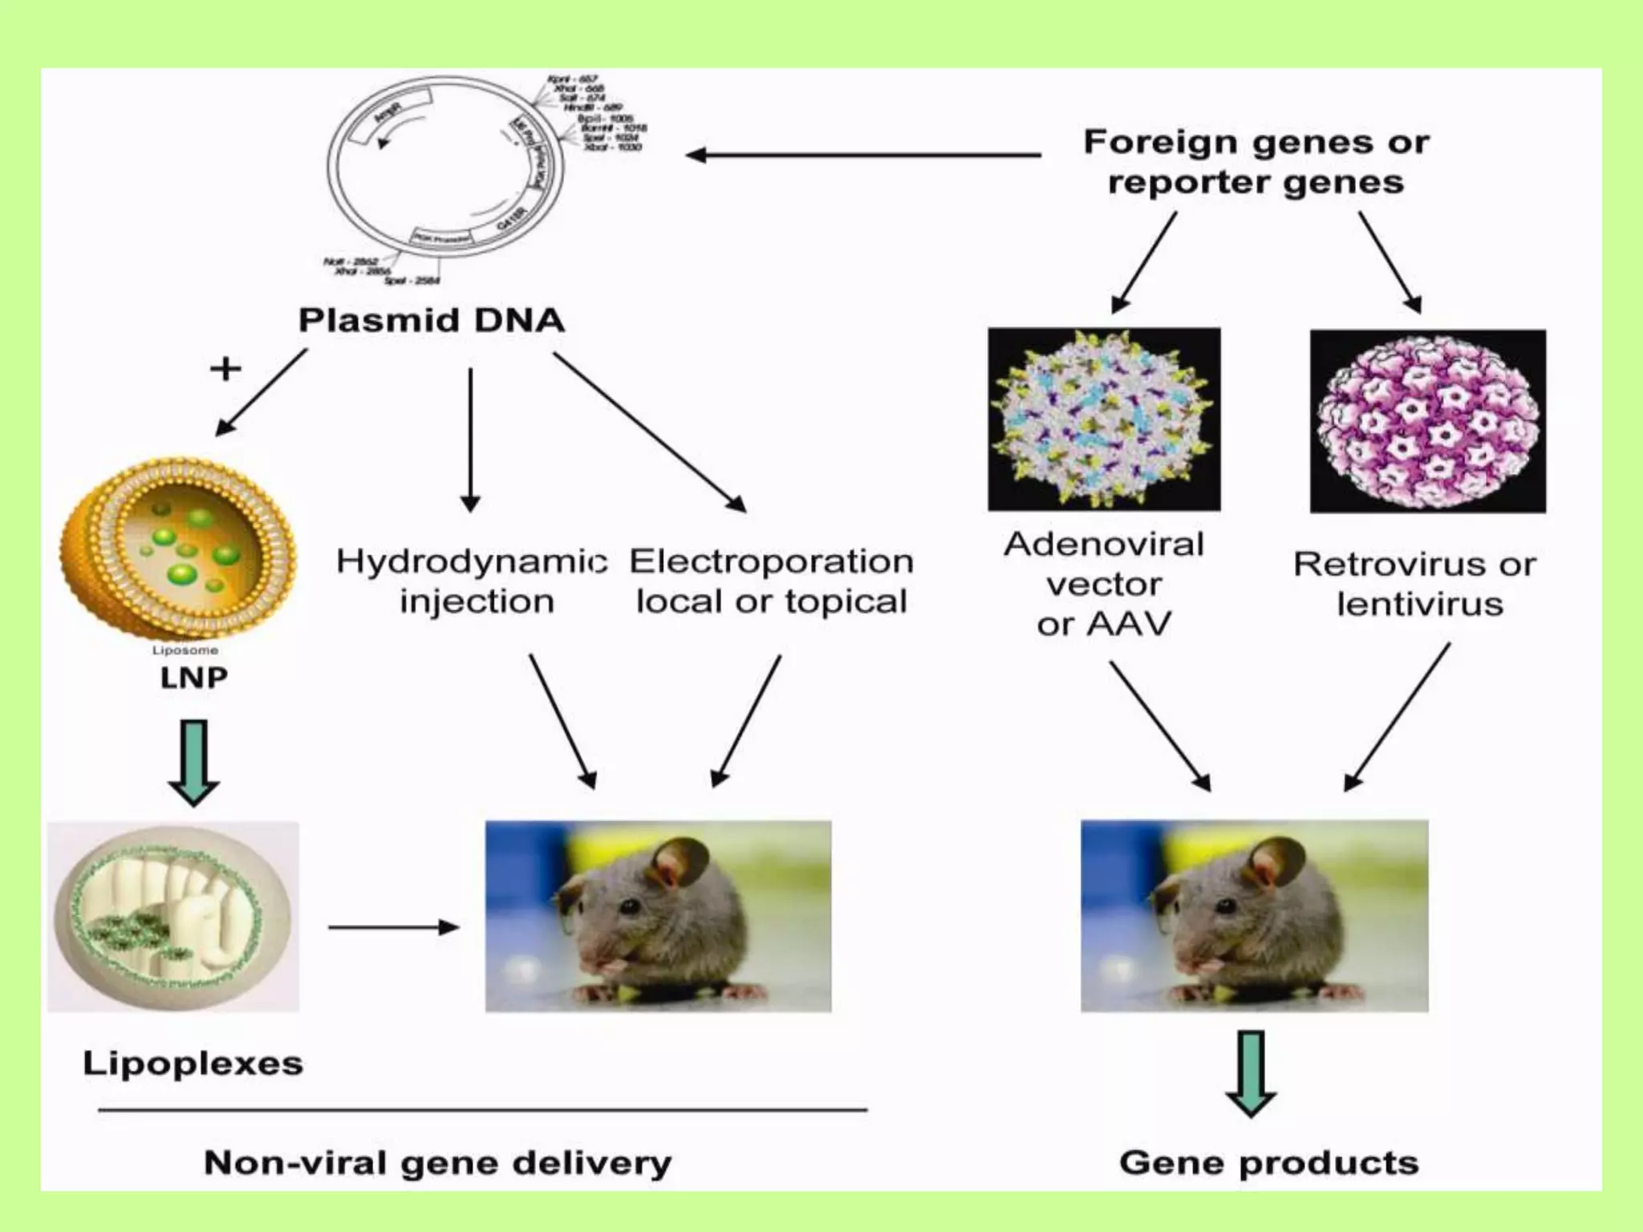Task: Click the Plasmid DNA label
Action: tap(432, 320)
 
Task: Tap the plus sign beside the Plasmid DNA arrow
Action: tap(225, 369)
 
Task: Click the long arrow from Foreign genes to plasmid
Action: tap(862, 155)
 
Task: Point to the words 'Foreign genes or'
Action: tap(1256, 143)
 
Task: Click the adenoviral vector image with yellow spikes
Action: tap(1104, 419)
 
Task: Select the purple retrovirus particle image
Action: tap(1427, 421)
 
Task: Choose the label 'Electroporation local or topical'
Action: tap(771, 581)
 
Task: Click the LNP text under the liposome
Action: tap(193, 678)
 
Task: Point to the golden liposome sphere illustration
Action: tap(178, 549)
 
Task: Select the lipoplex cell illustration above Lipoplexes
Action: tap(173, 916)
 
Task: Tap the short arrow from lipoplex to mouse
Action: tap(393, 927)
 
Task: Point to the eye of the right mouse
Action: tap(1224, 906)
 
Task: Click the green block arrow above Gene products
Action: tap(1251, 1073)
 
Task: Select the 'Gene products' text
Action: tap(1269, 1162)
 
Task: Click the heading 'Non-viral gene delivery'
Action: tap(438, 1162)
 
